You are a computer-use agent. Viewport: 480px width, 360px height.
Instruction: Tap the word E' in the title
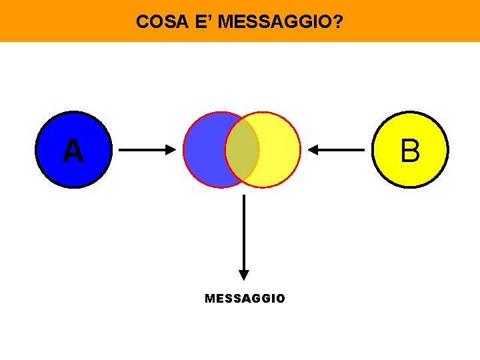tap(202, 22)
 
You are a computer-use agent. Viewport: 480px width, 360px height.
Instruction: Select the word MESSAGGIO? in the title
tap(281, 22)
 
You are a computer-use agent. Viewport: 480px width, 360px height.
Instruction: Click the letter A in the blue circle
tap(73, 151)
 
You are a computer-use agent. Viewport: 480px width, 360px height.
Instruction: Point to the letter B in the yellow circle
tap(410, 151)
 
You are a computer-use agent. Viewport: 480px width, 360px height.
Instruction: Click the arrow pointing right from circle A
tap(145, 150)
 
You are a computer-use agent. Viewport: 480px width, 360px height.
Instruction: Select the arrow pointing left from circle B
tap(336, 150)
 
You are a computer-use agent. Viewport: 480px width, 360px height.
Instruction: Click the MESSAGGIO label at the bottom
tap(245, 299)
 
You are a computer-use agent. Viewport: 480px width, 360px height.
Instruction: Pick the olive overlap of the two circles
tap(242, 150)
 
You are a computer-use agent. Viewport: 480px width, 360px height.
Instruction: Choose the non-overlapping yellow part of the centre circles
tap(279, 150)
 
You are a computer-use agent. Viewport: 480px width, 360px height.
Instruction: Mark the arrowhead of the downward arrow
tap(244, 274)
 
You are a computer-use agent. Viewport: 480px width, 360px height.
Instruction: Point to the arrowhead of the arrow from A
tap(169, 150)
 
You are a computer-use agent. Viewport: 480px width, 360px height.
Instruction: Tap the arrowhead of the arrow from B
tap(313, 150)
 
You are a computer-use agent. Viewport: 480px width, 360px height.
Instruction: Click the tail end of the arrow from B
tap(363, 150)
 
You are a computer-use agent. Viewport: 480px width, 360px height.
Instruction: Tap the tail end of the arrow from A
tap(121, 150)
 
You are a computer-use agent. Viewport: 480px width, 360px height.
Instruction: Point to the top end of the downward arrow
tap(244, 197)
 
